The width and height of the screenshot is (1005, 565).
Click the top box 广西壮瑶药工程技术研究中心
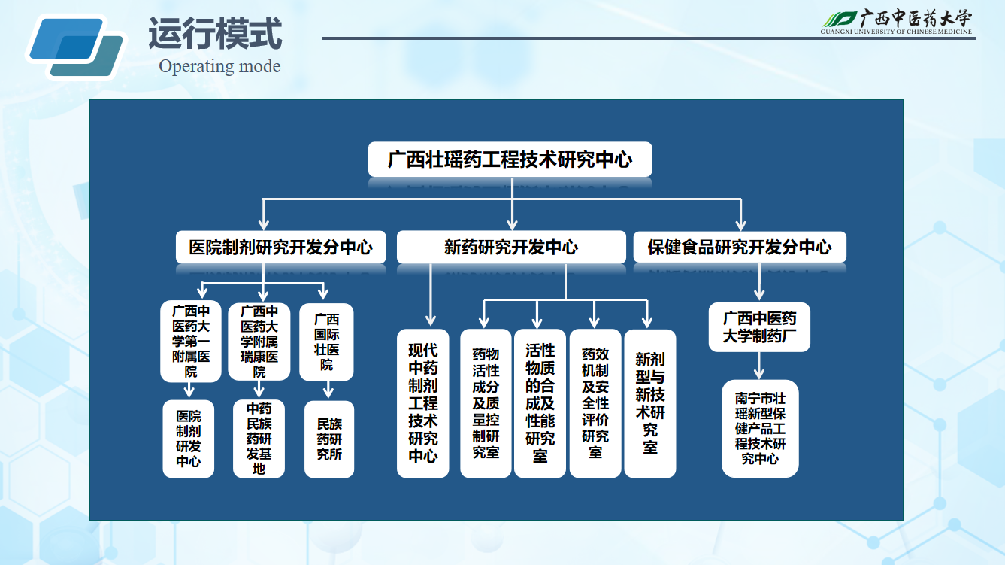[x=510, y=159]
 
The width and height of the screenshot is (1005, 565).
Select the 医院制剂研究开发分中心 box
[x=280, y=247]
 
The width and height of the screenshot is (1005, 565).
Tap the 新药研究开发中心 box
[x=511, y=247]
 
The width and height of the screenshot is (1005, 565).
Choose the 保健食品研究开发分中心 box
[x=740, y=247]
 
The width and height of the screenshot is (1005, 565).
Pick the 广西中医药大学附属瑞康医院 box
[x=259, y=342]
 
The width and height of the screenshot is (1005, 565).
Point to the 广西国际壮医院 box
[x=326, y=342]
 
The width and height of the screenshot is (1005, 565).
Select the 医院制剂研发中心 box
[x=189, y=439]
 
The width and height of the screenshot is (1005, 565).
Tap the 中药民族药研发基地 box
[x=259, y=439]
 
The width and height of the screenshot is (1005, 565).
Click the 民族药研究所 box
[x=329, y=439]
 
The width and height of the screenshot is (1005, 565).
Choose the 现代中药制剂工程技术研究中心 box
[x=423, y=403]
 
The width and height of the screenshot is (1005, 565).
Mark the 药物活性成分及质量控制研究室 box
[x=486, y=403]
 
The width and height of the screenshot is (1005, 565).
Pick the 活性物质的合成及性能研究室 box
[x=540, y=403]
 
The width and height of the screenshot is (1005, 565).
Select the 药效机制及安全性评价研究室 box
[x=595, y=403]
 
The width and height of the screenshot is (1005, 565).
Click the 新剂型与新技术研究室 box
[x=650, y=403]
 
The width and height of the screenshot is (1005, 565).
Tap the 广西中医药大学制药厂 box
[x=759, y=327]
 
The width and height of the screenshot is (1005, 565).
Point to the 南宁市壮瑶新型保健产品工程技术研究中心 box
[x=760, y=428]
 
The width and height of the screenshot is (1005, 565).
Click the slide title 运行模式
[x=215, y=34]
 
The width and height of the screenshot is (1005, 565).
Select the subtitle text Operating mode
[x=219, y=66]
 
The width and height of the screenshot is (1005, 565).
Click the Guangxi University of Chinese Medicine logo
[x=896, y=22]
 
